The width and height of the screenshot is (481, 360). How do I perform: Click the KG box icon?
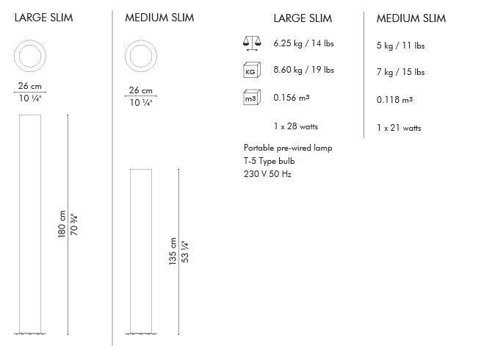pyautogui.click(x=251, y=71)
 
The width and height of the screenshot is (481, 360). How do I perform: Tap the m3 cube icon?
pyautogui.click(x=251, y=97)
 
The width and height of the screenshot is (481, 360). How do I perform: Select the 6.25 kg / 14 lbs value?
pyautogui.click(x=303, y=44)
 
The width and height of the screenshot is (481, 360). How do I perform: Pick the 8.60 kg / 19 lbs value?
pyautogui.click(x=303, y=71)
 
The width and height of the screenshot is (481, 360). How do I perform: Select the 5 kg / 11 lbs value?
pyautogui.click(x=400, y=46)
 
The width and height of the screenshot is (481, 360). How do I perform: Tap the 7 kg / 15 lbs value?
pyautogui.click(x=400, y=72)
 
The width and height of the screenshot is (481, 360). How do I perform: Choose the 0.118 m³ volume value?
pyautogui.click(x=394, y=98)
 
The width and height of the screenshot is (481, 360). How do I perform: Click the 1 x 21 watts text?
pyautogui.click(x=399, y=128)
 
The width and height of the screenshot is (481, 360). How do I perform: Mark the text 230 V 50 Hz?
pyautogui.click(x=267, y=174)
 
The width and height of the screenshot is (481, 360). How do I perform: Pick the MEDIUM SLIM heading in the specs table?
pyautogui.click(x=411, y=18)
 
